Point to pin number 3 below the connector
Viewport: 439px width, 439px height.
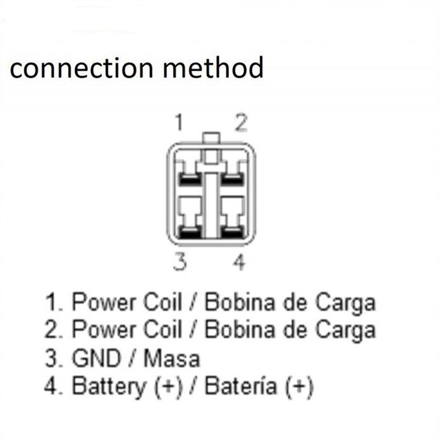178,263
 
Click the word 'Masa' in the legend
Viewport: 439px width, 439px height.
172,359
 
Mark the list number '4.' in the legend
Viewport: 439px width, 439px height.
54,388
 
